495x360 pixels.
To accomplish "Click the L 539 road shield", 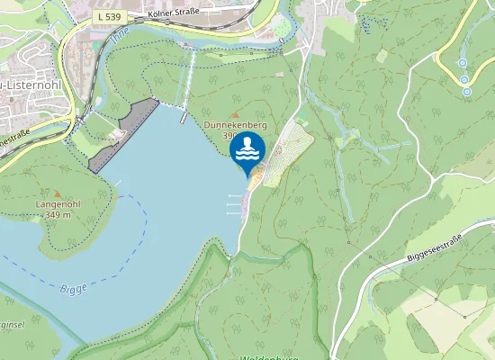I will [x=110, y=16].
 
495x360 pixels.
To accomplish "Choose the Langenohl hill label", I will [x=59, y=204].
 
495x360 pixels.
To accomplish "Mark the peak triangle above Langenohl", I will [x=59, y=193].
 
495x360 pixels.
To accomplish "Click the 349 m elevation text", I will [x=59, y=215].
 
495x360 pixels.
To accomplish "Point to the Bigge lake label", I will [x=74, y=289].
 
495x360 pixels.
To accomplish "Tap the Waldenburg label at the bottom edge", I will [x=270, y=355].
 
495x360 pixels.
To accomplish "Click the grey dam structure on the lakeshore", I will [x=122, y=135].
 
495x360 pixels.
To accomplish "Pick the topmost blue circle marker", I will [x=463, y=63].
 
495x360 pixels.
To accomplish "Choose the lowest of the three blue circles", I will [x=466, y=92].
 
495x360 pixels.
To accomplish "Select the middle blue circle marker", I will [x=465, y=79].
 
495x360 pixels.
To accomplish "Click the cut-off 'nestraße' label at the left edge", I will [x=16, y=140].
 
